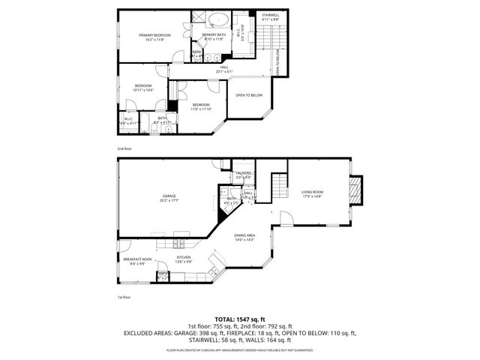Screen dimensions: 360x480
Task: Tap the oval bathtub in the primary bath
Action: [x=219, y=19]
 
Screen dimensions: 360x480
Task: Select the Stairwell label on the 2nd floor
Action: [x=271, y=15]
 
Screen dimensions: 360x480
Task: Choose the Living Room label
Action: [x=311, y=193]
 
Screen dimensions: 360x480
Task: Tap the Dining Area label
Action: [x=245, y=236]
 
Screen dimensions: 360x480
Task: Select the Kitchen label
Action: [x=184, y=259]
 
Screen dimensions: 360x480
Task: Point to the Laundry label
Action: [x=243, y=173]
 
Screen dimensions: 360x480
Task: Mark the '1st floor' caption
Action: [x=124, y=297]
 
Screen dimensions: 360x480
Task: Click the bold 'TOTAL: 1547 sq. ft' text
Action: [x=240, y=319]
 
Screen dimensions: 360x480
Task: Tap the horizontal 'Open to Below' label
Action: [x=249, y=95]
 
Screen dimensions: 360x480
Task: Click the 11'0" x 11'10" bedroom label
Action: [x=202, y=106]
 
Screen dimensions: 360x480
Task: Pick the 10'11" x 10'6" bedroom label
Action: [x=143, y=87]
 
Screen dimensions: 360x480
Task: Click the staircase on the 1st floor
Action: [x=279, y=184]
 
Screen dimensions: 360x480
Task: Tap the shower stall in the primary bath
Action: [x=199, y=18]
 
